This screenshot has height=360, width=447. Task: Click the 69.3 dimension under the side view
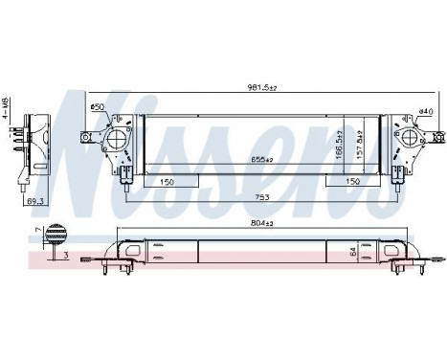(x=36, y=202)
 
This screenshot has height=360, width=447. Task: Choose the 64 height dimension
(x=353, y=253)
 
